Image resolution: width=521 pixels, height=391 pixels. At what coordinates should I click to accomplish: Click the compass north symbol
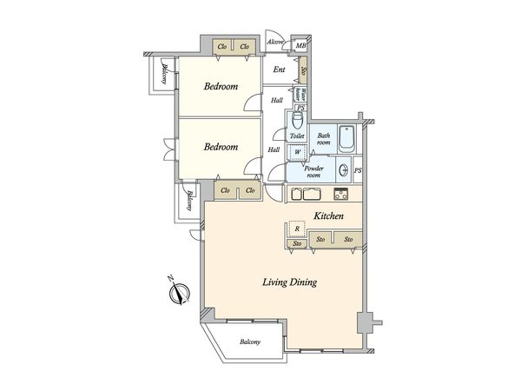[x=178, y=294]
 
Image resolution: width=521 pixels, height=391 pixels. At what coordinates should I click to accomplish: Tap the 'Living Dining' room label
[x=290, y=282]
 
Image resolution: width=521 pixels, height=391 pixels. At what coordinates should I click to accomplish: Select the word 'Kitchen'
[x=329, y=215]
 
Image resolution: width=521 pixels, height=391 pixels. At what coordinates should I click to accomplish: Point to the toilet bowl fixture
[x=295, y=118]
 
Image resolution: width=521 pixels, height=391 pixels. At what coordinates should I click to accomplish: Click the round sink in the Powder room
[x=345, y=170]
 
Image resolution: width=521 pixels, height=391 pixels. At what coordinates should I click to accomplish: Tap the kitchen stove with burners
[x=340, y=193]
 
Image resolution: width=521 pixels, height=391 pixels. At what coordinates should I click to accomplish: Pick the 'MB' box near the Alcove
[x=301, y=46]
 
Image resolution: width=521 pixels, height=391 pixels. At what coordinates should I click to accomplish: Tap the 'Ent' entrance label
[x=280, y=70]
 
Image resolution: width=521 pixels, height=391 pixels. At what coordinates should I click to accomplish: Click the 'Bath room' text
[x=324, y=139]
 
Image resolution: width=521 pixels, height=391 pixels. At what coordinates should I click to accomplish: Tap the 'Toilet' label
[x=296, y=136]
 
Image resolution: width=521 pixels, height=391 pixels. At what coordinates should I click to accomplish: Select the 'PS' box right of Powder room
[x=358, y=170]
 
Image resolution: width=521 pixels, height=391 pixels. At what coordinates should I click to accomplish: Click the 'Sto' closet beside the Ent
[x=303, y=72]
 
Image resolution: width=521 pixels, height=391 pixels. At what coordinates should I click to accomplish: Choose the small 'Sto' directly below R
[x=296, y=245]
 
